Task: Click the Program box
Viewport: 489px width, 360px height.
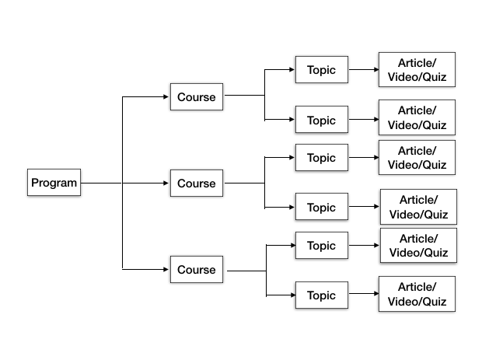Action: pyautogui.click(x=54, y=183)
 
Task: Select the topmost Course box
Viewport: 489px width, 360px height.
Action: pyautogui.click(x=197, y=97)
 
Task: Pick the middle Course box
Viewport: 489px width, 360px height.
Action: pyautogui.click(x=197, y=183)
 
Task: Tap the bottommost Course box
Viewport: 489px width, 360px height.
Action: pyautogui.click(x=197, y=270)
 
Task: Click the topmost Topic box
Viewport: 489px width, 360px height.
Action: pyautogui.click(x=321, y=70)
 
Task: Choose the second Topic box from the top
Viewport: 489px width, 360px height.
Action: pyautogui.click(x=321, y=121)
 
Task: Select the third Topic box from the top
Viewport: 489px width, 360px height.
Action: pyautogui.click(x=321, y=158)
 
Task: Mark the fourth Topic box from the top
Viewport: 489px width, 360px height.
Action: pyautogui.click(x=321, y=208)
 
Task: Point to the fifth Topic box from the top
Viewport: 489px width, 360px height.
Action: pyautogui.click(x=321, y=246)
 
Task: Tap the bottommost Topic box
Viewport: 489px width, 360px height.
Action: pyautogui.click(x=321, y=295)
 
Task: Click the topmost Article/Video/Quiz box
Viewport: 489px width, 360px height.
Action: pyautogui.click(x=417, y=70)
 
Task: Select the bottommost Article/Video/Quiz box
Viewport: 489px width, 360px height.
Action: pyautogui.click(x=417, y=294)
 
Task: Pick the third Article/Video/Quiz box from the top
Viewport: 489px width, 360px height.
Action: pyautogui.click(x=417, y=157)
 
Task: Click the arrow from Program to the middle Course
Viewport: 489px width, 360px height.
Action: pyautogui.click(x=124, y=183)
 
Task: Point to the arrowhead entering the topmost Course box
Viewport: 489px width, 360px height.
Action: pyautogui.click(x=166, y=97)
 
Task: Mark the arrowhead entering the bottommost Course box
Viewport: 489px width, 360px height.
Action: pyautogui.click(x=166, y=270)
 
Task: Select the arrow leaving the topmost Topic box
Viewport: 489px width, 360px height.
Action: pyautogui.click(x=362, y=70)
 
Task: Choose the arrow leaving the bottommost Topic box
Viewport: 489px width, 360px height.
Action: pyautogui.click(x=362, y=295)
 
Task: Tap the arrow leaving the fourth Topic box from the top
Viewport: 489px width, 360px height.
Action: pyautogui.click(x=363, y=208)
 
